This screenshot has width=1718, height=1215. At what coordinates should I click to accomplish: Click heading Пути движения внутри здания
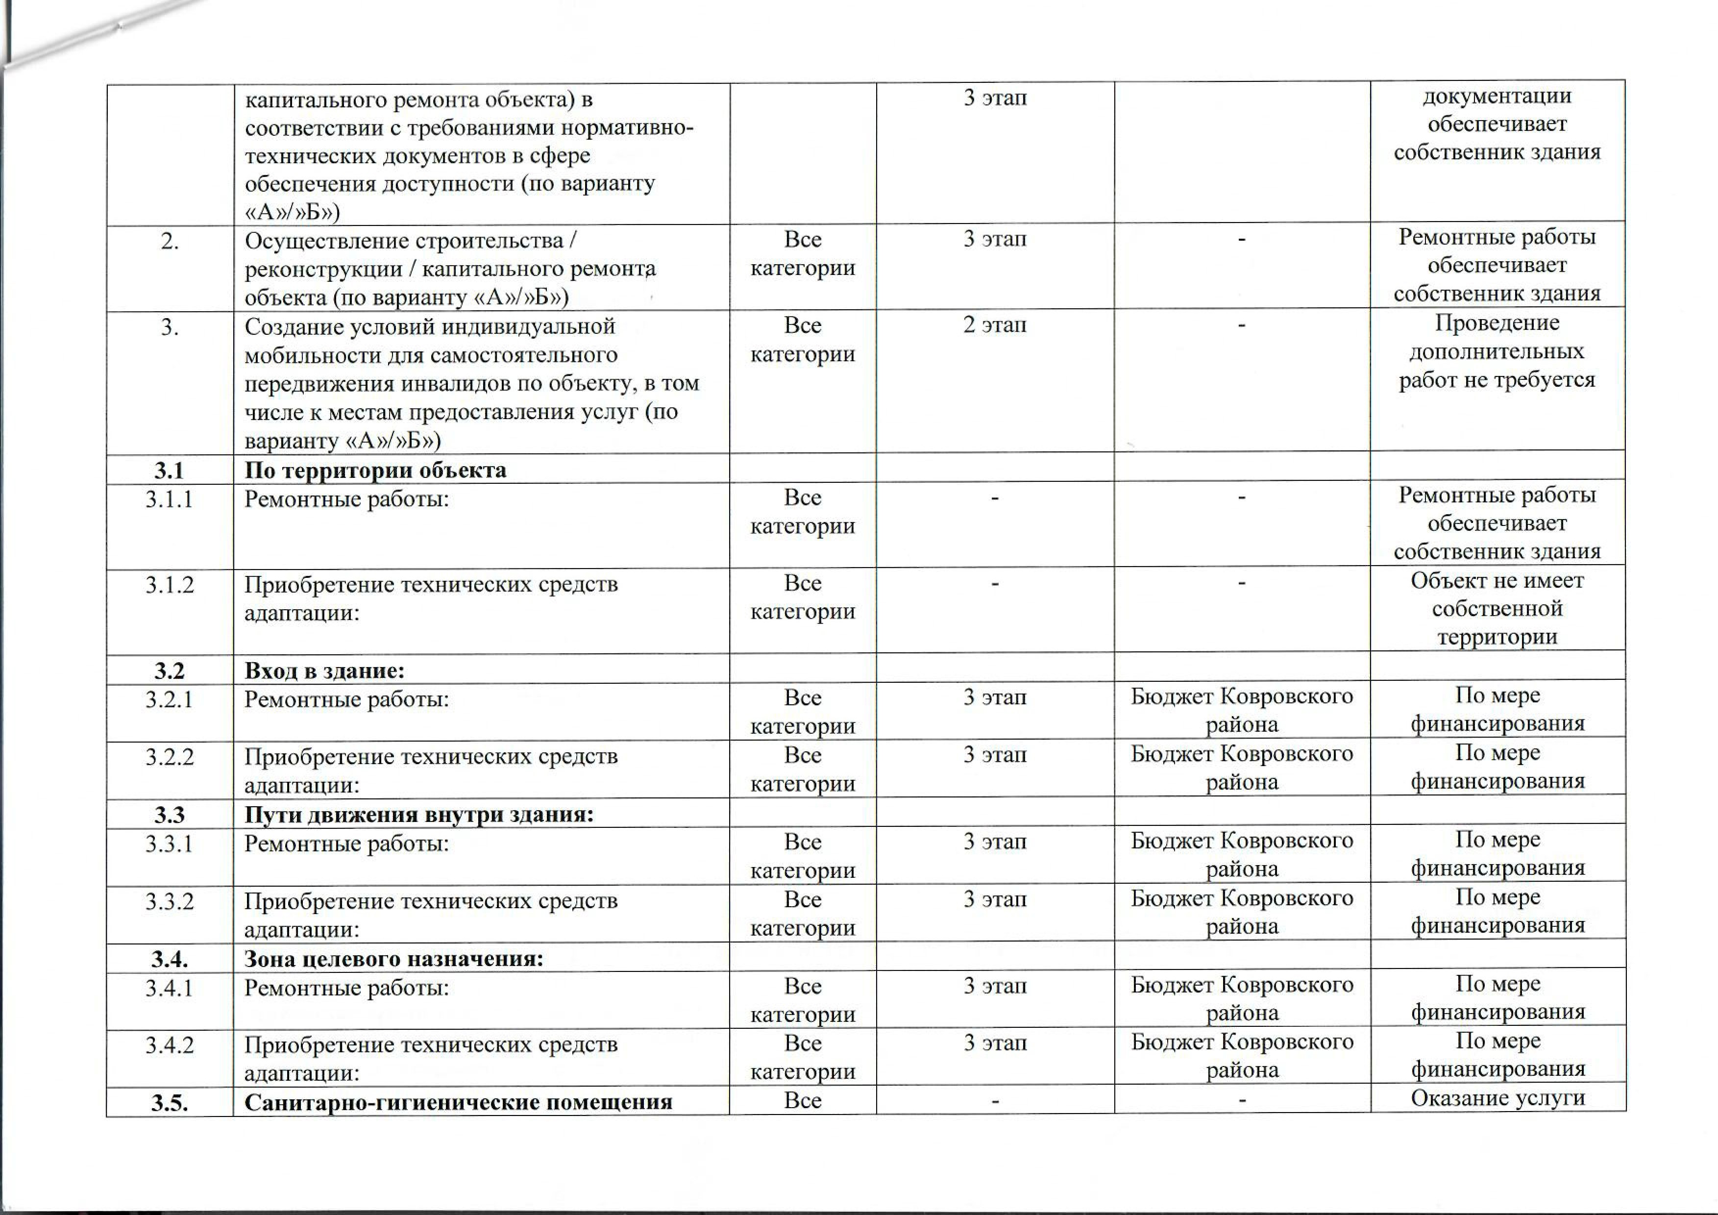[418, 815]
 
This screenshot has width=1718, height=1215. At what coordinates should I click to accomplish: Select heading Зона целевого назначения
[393, 959]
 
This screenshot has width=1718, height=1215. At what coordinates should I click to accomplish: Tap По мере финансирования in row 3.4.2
[1497, 1055]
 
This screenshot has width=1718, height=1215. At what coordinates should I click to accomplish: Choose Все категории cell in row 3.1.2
[802, 597]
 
